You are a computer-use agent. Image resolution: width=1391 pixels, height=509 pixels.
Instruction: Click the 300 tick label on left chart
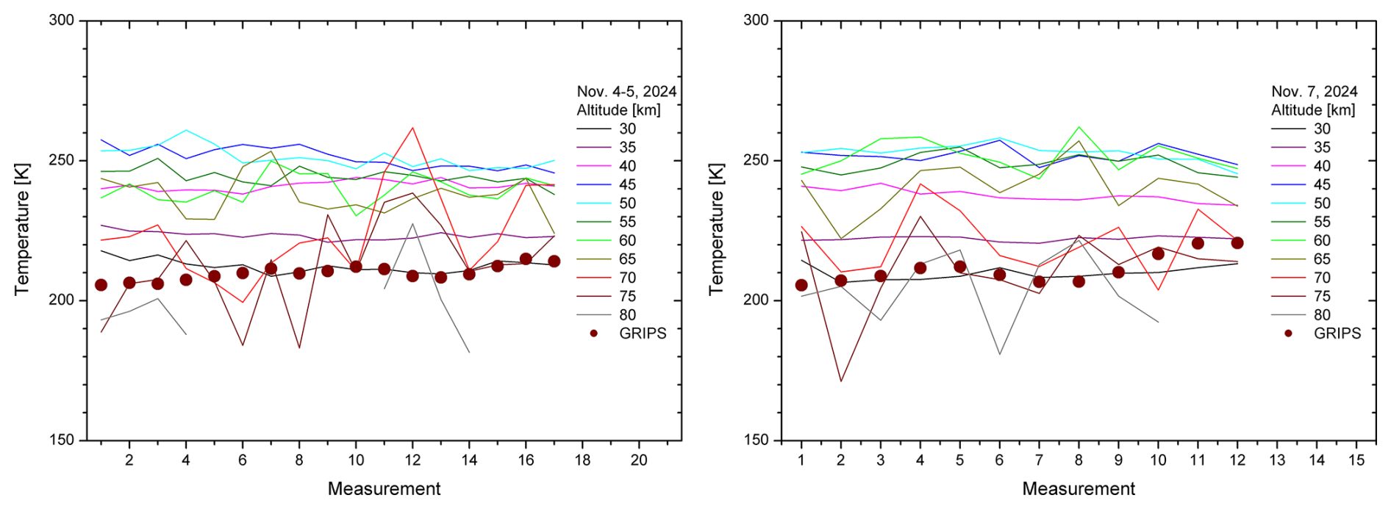coord(62,21)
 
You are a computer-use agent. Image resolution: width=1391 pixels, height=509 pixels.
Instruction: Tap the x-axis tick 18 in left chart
coord(582,460)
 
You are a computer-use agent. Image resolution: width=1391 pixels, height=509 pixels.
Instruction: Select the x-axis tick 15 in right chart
coord(1356,460)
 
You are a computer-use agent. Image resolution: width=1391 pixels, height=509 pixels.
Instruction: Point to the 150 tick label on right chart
coord(756,440)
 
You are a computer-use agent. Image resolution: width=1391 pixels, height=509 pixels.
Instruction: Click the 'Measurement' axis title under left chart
coord(384,489)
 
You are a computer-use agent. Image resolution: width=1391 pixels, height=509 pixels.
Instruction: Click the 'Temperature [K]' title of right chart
coord(716,229)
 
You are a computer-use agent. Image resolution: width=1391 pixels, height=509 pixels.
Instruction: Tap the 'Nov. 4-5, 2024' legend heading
coord(626,92)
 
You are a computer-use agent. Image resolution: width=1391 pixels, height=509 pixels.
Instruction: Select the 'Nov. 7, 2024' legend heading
coord(1315,92)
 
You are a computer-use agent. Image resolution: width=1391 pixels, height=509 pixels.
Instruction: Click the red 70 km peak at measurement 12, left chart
coord(412,128)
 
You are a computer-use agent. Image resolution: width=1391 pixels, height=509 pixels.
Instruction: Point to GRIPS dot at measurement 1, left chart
coord(101,285)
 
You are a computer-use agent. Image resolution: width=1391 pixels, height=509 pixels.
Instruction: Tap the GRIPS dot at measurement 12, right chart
coord(1237,243)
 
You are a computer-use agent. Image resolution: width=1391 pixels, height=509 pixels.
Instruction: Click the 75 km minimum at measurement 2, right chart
coord(840,381)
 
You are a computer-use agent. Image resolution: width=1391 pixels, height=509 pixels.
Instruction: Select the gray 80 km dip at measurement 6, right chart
coord(999,354)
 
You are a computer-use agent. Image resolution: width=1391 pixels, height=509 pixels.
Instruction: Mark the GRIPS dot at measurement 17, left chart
coord(554,261)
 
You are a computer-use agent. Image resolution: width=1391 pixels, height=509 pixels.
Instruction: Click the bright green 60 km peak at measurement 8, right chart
coord(1079,127)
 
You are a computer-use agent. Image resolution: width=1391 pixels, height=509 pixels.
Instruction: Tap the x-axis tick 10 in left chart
coord(356,460)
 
